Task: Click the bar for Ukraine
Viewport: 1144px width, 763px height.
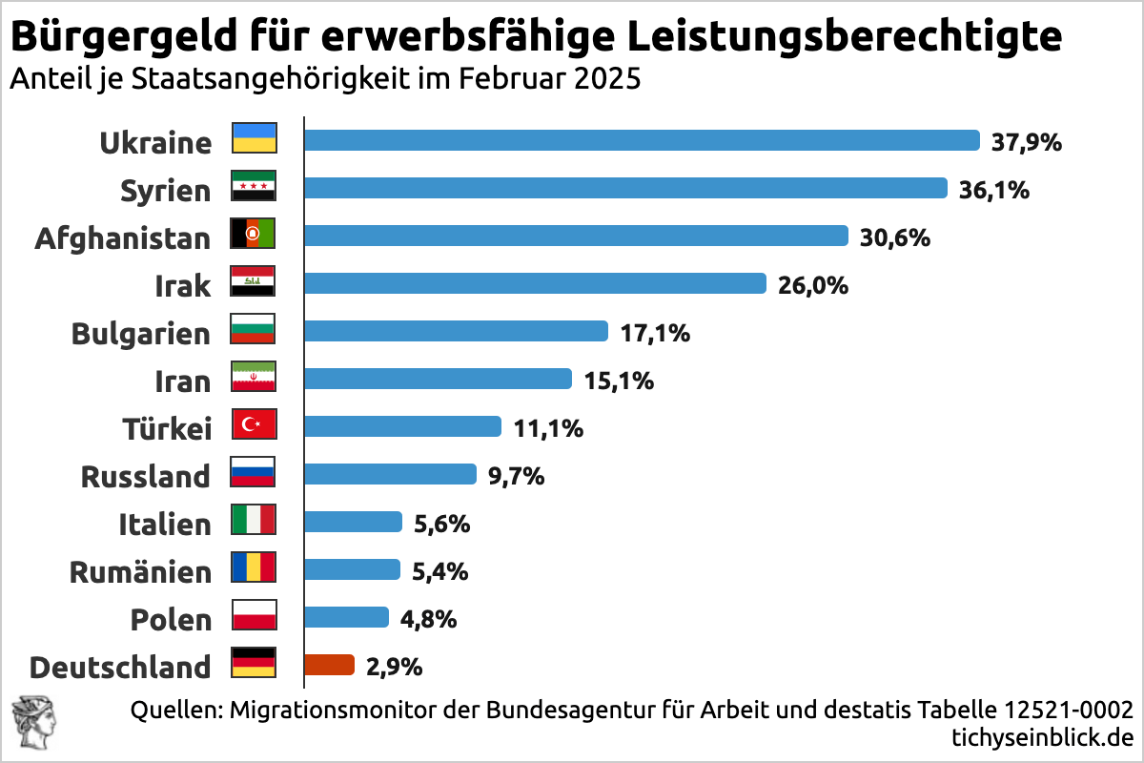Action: point(642,140)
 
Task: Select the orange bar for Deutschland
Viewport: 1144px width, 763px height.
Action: point(329,665)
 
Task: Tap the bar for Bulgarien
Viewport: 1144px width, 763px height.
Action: point(456,331)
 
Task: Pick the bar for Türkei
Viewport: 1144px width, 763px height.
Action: point(402,426)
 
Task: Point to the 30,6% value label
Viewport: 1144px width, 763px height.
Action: point(895,237)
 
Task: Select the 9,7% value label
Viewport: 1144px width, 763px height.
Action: point(516,475)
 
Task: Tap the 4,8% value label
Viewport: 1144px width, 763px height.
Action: point(428,618)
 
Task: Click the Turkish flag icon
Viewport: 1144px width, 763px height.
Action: point(254,425)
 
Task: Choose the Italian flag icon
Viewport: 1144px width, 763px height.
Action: point(254,521)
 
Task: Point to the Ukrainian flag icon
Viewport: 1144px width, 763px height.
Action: point(254,139)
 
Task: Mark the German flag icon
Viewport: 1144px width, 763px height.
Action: point(254,663)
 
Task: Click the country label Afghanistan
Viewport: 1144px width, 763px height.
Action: point(122,237)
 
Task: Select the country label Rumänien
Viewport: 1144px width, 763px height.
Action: point(140,571)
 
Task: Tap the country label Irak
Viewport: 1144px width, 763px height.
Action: point(182,285)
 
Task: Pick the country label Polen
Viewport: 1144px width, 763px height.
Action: point(171,619)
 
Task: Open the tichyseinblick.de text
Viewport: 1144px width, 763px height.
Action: point(1042,736)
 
